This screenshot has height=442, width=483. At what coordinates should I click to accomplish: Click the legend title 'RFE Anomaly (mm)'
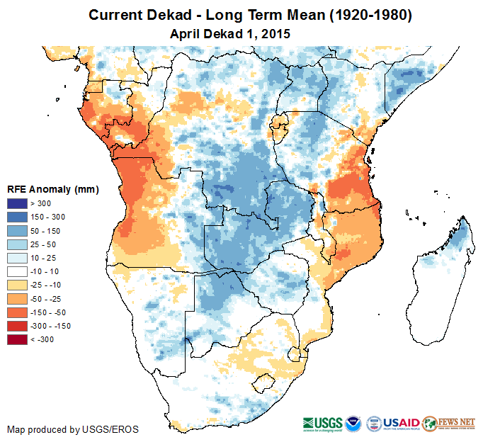[52, 189]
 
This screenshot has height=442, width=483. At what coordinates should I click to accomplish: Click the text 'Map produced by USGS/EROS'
[72, 429]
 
